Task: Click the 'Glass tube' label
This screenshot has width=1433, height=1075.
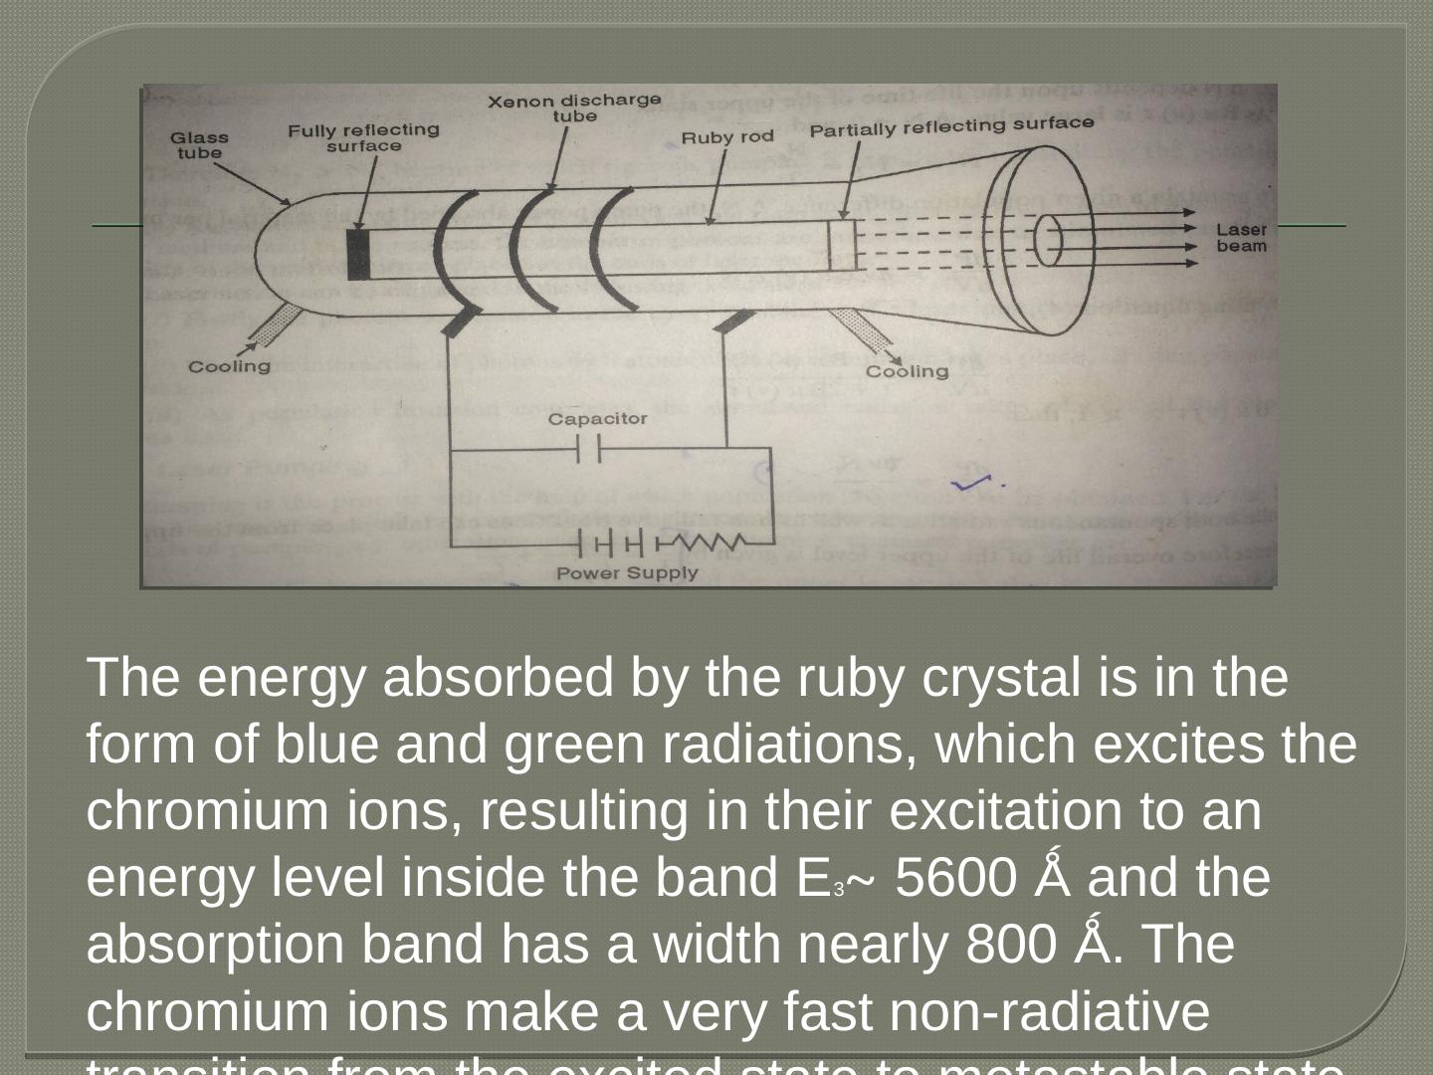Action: click(x=199, y=145)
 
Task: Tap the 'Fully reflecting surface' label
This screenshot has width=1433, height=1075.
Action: click(x=364, y=137)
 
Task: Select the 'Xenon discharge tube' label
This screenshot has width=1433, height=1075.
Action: click(x=574, y=107)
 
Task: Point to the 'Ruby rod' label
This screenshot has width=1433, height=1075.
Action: click(x=726, y=136)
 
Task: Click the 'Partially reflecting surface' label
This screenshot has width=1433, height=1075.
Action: click(x=951, y=126)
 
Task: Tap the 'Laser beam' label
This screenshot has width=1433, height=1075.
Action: click(x=1241, y=238)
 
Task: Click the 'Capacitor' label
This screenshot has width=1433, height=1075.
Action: click(x=597, y=419)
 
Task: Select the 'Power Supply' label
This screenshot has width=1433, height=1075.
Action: click(x=627, y=573)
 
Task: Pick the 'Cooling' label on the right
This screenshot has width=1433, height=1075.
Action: click(x=907, y=371)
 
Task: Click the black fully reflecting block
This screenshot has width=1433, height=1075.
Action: click(x=359, y=253)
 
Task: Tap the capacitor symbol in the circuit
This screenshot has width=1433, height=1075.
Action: click(x=589, y=450)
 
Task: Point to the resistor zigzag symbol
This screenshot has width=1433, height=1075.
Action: click(x=712, y=543)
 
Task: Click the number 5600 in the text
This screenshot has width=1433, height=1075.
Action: click(x=956, y=878)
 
